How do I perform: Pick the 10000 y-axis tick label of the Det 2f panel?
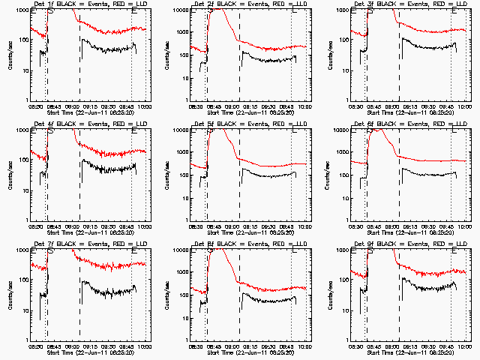pos(180,10)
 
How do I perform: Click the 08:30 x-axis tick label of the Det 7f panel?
pos(34,346)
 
